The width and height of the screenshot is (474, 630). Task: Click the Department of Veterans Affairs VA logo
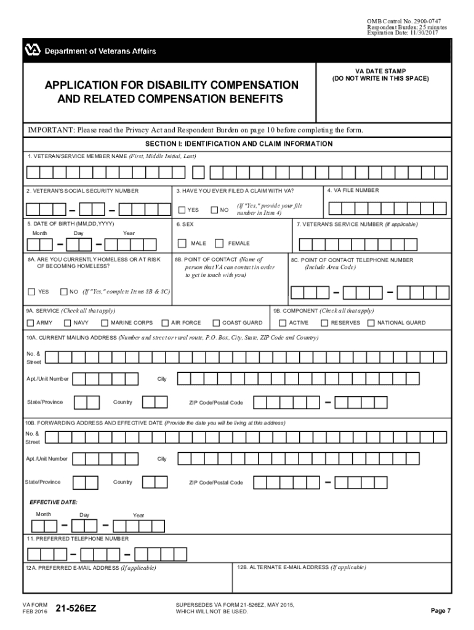click(33, 50)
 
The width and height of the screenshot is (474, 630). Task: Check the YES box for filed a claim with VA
click(182, 210)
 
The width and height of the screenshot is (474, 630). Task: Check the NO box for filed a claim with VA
click(214, 210)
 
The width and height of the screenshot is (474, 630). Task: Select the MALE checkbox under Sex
click(182, 243)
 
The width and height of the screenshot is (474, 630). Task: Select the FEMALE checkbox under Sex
click(219, 243)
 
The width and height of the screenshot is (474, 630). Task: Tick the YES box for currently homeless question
click(31, 292)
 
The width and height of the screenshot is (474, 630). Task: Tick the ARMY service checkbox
click(31, 323)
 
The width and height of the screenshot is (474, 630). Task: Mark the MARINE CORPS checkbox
click(105, 323)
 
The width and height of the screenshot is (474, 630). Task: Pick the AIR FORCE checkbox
click(165, 323)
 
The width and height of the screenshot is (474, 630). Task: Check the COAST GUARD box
click(216, 323)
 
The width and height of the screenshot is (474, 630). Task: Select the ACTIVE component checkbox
click(283, 323)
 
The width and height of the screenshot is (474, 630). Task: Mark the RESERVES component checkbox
click(324, 323)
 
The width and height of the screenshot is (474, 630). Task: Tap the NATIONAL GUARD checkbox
click(371, 323)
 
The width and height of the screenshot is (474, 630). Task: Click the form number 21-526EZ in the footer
click(76, 609)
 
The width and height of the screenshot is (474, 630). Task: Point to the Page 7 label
click(441, 611)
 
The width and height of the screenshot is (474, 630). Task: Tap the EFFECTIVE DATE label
click(54, 502)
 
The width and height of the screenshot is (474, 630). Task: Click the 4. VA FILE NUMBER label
click(353, 190)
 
